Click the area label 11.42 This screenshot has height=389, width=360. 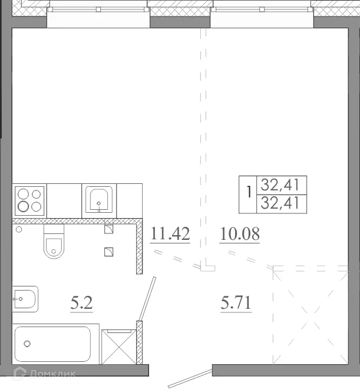[170, 235]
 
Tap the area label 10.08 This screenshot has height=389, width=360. [239, 235]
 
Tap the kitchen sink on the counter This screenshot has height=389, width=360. [99, 200]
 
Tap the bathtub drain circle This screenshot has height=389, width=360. [27, 343]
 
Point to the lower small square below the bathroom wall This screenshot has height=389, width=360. [108, 252]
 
